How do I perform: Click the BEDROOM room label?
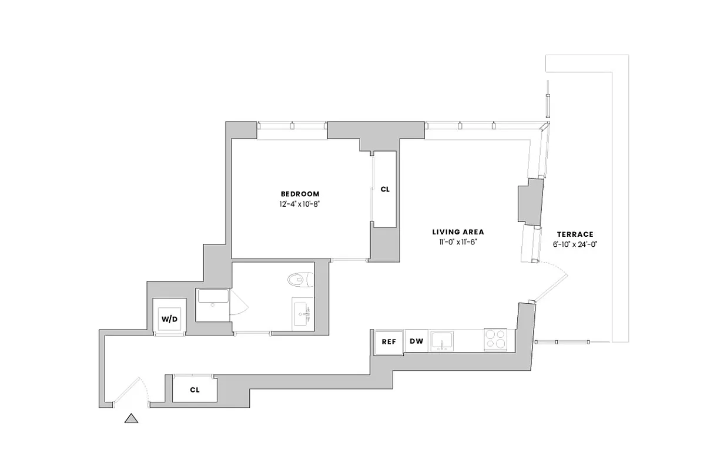[x=300, y=194]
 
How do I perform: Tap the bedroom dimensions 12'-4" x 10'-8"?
[x=300, y=204]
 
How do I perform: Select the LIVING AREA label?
[x=458, y=232]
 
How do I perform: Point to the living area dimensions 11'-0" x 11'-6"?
[x=458, y=243]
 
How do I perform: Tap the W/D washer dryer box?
[x=170, y=318]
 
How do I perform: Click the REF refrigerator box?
[x=388, y=341]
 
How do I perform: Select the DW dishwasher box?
[x=416, y=341]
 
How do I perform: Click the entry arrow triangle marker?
[x=131, y=418]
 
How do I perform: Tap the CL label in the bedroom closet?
[x=385, y=190]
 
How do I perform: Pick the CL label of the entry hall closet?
[x=195, y=390]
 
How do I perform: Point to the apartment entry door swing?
[x=133, y=391]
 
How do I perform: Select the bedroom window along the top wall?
[x=292, y=125]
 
